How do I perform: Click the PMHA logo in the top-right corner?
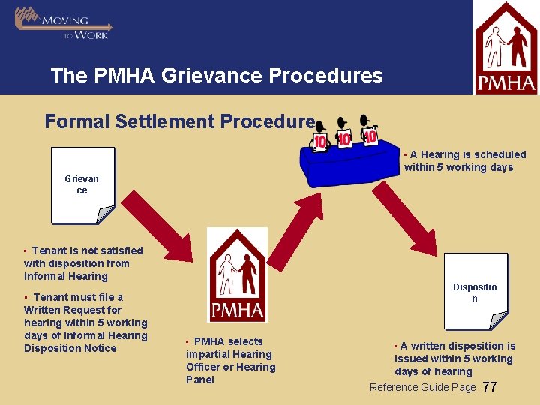coord(505,48)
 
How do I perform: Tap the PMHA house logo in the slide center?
coord(237,275)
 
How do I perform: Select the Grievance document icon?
coord(82,185)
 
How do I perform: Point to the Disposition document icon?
coord(475,292)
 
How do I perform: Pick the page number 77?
coord(490,387)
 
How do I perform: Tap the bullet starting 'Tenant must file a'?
coord(85,322)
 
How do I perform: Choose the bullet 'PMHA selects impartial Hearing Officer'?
coord(230,361)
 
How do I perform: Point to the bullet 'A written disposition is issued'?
coord(454,358)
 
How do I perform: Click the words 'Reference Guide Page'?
coord(423,387)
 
